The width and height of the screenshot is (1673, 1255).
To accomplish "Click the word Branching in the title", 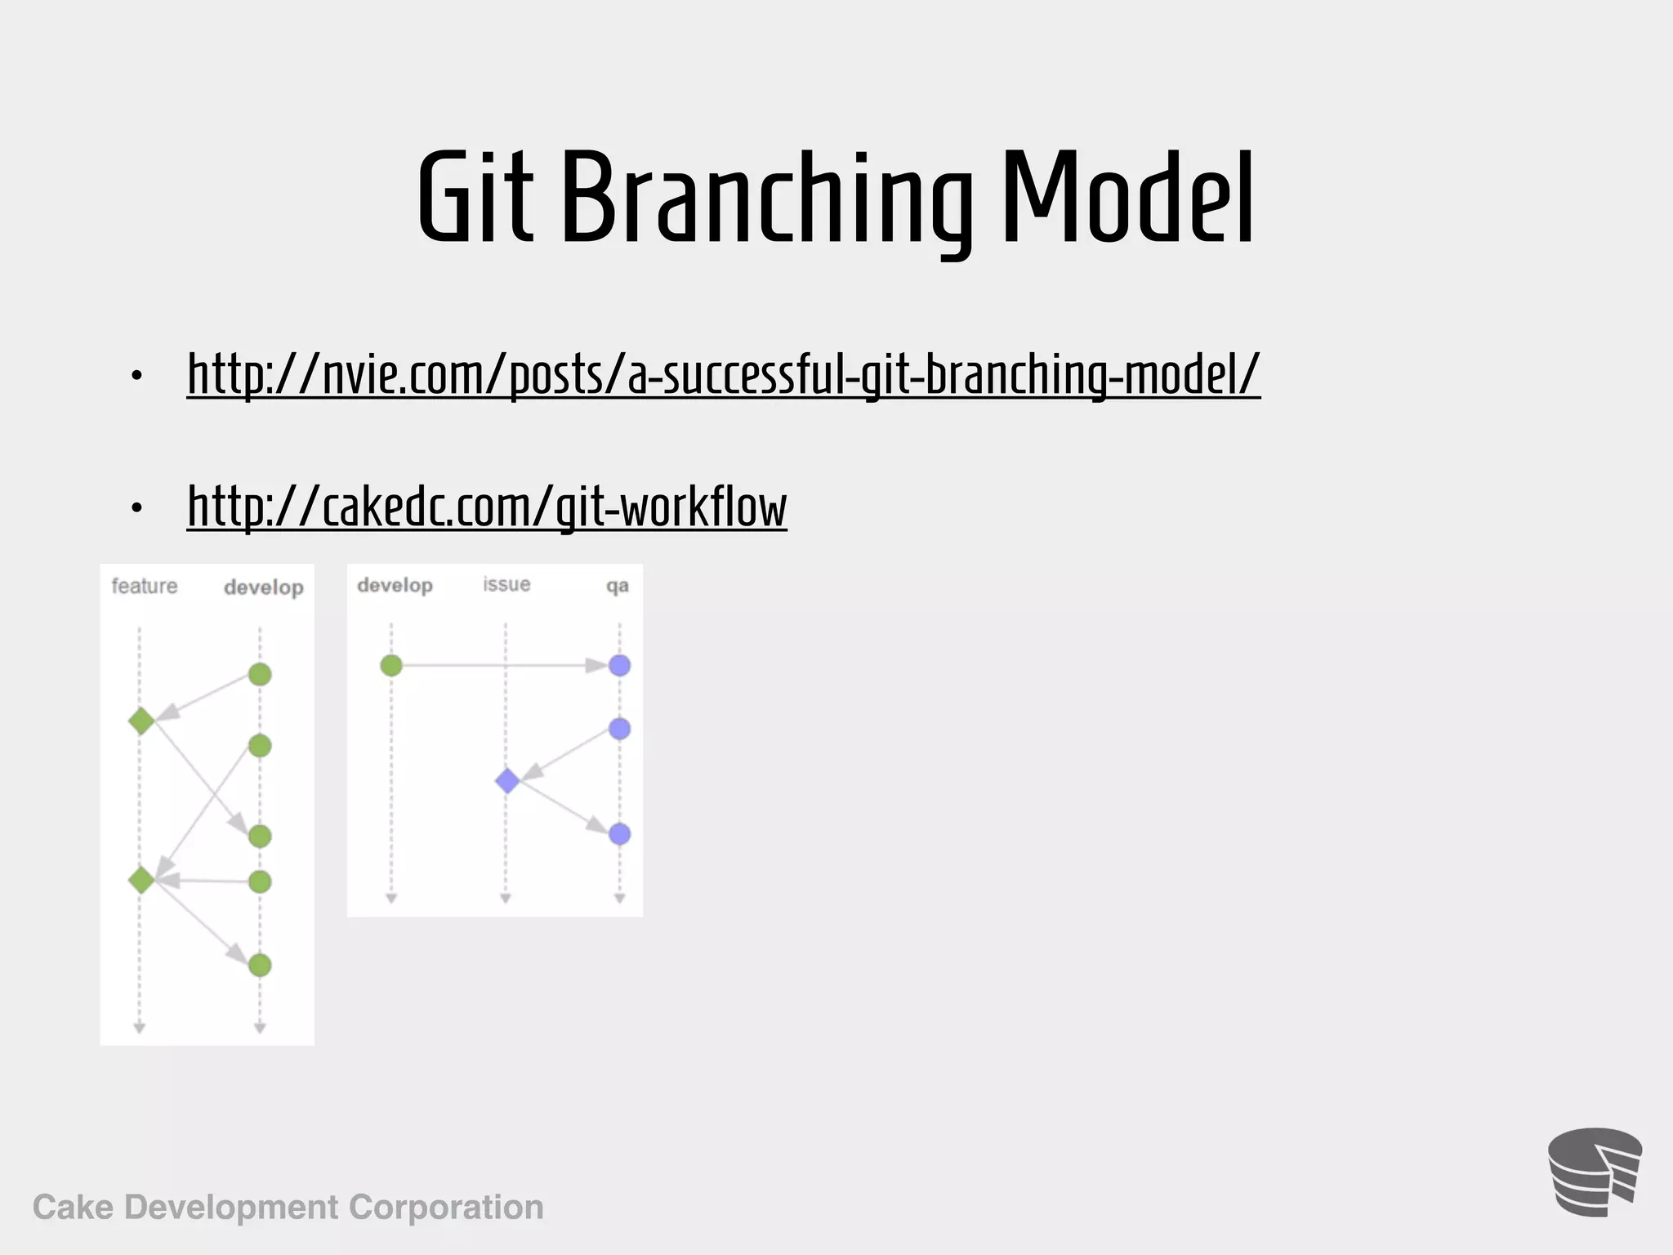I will pyautogui.click(x=766, y=198).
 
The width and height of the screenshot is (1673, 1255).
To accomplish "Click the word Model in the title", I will pyautogui.click(x=1127, y=198).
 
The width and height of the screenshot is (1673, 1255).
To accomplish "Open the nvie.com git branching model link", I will pyautogui.click(x=723, y=374).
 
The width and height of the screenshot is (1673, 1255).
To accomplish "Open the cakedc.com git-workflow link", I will pyautogui.click(x=487, y=507).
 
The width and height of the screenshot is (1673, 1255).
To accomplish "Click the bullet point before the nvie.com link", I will pyautogui.click(x=136, y=376).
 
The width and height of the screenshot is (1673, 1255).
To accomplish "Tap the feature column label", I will pyautogui.click(x=145, y=586).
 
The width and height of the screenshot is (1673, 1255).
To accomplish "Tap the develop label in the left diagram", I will pyautogui.click(x=263, y=587).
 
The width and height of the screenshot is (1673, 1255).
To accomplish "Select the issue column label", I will pyautogui.click(x=506, y=584).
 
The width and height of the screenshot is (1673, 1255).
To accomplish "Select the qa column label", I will pyautogui.click(x=617, y=586).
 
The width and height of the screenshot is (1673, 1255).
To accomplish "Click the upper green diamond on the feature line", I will pyautogui.click(x=141, y=721).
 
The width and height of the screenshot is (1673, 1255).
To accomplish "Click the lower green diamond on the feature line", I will pyautogui.click(x=141, y=880).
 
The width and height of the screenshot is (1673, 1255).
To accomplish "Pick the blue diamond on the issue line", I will pyautogui.click(x=507, y=780).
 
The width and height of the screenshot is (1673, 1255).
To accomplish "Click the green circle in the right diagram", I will pyautogui.click(x=391, y=665).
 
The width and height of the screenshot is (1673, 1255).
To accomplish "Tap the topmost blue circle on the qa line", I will pyautogui.click(x=619, y=665).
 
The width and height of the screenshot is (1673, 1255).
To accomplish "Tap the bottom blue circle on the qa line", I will pyautogui.click(x=619, y=834).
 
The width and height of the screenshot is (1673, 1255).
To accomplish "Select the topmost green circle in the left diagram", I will pyautogui.click(x=260, y=674).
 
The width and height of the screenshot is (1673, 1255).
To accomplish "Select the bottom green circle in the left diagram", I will pyautogui.click(x=260, y=965).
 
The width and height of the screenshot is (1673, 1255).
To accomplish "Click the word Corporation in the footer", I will pyautogui.click(x=446, y=1207).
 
